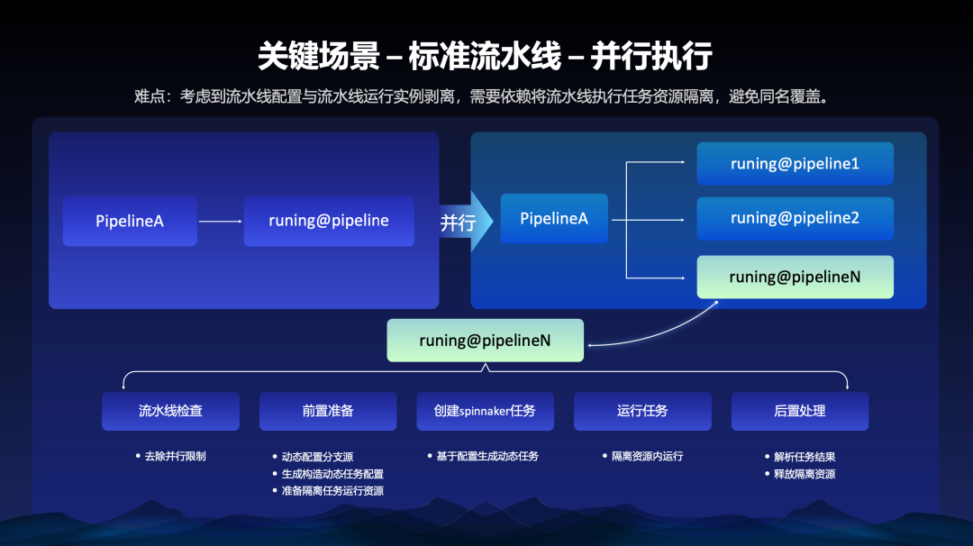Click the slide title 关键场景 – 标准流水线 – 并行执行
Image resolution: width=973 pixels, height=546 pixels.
tap(485, 56)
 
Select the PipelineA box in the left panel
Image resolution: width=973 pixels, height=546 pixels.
tap(130, 221)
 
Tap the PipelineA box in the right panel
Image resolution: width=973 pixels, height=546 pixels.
tap(554, 219)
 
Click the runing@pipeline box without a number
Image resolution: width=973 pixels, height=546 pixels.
tap(329, 221)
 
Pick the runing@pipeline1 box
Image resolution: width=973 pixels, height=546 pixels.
tap(795, 164)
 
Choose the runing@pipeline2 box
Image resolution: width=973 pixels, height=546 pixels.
tap(795, 219)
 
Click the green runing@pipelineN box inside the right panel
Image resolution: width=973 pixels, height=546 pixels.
tap(795, 278)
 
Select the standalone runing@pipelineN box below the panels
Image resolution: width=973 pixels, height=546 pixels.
tap(485, 341)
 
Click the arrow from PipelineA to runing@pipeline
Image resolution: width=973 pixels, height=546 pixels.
tap(220, 221)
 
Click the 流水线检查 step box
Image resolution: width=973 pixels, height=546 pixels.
tap(170, 411)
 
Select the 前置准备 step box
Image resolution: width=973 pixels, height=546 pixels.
tap(328, 411)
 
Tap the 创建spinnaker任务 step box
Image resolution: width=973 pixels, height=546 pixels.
tap(485, 411)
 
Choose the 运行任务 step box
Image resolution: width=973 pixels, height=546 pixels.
tap(642, 411)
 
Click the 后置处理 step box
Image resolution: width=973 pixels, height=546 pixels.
tap(800, 411)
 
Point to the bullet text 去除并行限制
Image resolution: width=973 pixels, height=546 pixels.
tap(175, 456)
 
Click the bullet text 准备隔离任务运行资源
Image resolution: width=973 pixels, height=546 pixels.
tap(332, 491)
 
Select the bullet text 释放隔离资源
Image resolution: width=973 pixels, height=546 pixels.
tap(805, 474)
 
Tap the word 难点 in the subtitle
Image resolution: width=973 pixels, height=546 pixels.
tap(150, 96)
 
